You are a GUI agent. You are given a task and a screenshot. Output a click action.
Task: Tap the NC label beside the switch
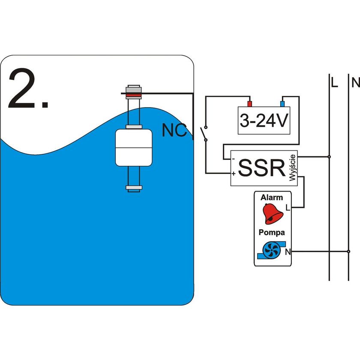click(x=174, y=130)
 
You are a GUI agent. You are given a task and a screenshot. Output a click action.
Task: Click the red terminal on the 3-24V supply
click(x=249, y=104)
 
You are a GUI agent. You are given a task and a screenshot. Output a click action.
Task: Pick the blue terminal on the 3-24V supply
click(x=282, y=104)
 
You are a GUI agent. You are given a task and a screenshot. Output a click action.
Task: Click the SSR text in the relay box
click(x=262, y=168)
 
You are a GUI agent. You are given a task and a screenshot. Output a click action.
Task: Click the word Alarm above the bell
click(x=272, y=198)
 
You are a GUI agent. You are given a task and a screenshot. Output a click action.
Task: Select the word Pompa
click(x=272, y=232)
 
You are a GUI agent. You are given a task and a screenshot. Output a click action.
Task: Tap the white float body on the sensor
click(x=134, y=147)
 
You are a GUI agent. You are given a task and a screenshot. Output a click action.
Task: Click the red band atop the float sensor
click(x=134, y=94)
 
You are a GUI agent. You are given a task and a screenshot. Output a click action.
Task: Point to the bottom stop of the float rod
click(x=134, y=188)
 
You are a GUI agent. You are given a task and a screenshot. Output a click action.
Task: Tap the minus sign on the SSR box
click(x=233, y=159)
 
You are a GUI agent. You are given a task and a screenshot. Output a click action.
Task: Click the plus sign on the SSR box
click(x=233, y=174)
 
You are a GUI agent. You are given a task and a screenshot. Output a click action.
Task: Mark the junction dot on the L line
click(x=329, y=157)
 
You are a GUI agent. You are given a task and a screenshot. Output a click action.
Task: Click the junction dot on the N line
click(x=348, y=251)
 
